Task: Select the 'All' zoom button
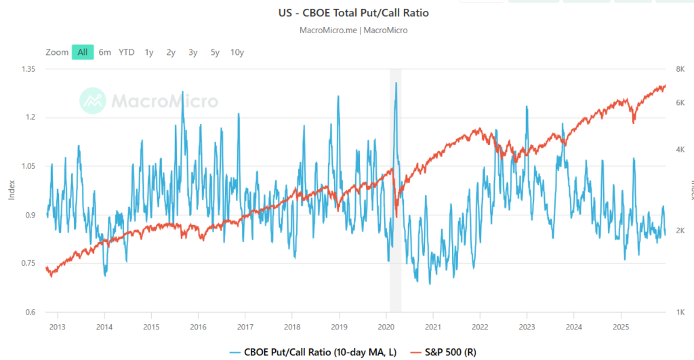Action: click(x=82, y=52)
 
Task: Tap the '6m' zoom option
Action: click(x=104, y=52)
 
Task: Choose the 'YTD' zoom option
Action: click(x=127, y=52)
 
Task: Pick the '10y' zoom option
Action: click(x=237, y=52)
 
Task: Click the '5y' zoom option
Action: click(x=215, y=52)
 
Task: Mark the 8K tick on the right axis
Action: click(x=678, y=68)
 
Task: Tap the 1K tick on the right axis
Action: click(x=678, y=312)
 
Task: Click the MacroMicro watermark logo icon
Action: click(x=92, y=101)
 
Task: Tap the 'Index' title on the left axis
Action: click(x=11, y=190)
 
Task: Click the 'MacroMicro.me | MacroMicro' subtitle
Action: click(x=352, y=30)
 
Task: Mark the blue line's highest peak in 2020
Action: click(x=396, y=83)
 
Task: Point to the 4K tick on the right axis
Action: click(x=678, y=149)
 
